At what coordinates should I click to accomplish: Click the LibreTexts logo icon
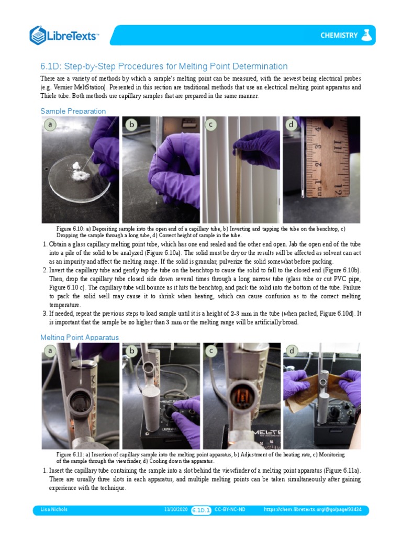38,35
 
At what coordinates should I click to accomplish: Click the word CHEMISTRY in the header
339,36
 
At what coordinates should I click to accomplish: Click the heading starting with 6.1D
164,66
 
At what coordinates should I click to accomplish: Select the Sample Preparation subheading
73,111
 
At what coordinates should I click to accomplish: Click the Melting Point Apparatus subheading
79,337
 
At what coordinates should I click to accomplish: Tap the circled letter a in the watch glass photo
50,125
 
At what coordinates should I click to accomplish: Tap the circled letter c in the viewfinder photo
211,351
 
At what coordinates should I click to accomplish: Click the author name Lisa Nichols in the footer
54,509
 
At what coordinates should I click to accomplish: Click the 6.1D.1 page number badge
201,509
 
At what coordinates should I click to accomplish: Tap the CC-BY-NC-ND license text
230,509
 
